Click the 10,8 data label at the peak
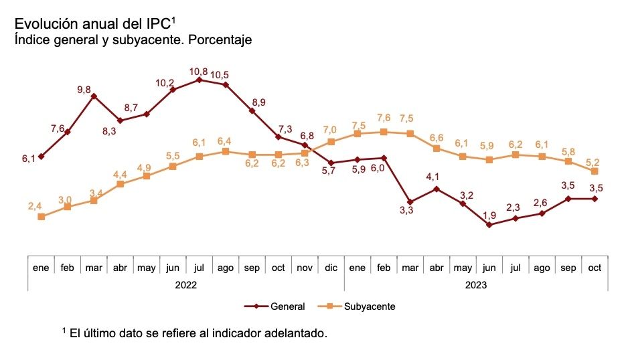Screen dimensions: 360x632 pos(199,71)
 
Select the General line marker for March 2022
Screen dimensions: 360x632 pos(94,96)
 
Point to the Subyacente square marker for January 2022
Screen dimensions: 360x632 pos(42,217)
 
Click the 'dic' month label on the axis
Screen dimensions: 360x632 pos(331,268)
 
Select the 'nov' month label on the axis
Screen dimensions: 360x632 pos(305,268)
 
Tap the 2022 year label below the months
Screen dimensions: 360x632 pos(185,284)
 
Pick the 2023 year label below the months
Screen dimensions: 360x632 pos(476,284)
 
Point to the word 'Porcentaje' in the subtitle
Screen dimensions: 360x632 pos(220,40)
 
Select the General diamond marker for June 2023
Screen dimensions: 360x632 pos(489,225)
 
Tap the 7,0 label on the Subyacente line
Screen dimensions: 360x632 pos(331,130)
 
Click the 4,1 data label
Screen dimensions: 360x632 pos(437,177)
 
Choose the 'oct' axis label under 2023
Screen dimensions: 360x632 pos(595,268)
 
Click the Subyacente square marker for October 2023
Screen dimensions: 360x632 pos(595,171)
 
